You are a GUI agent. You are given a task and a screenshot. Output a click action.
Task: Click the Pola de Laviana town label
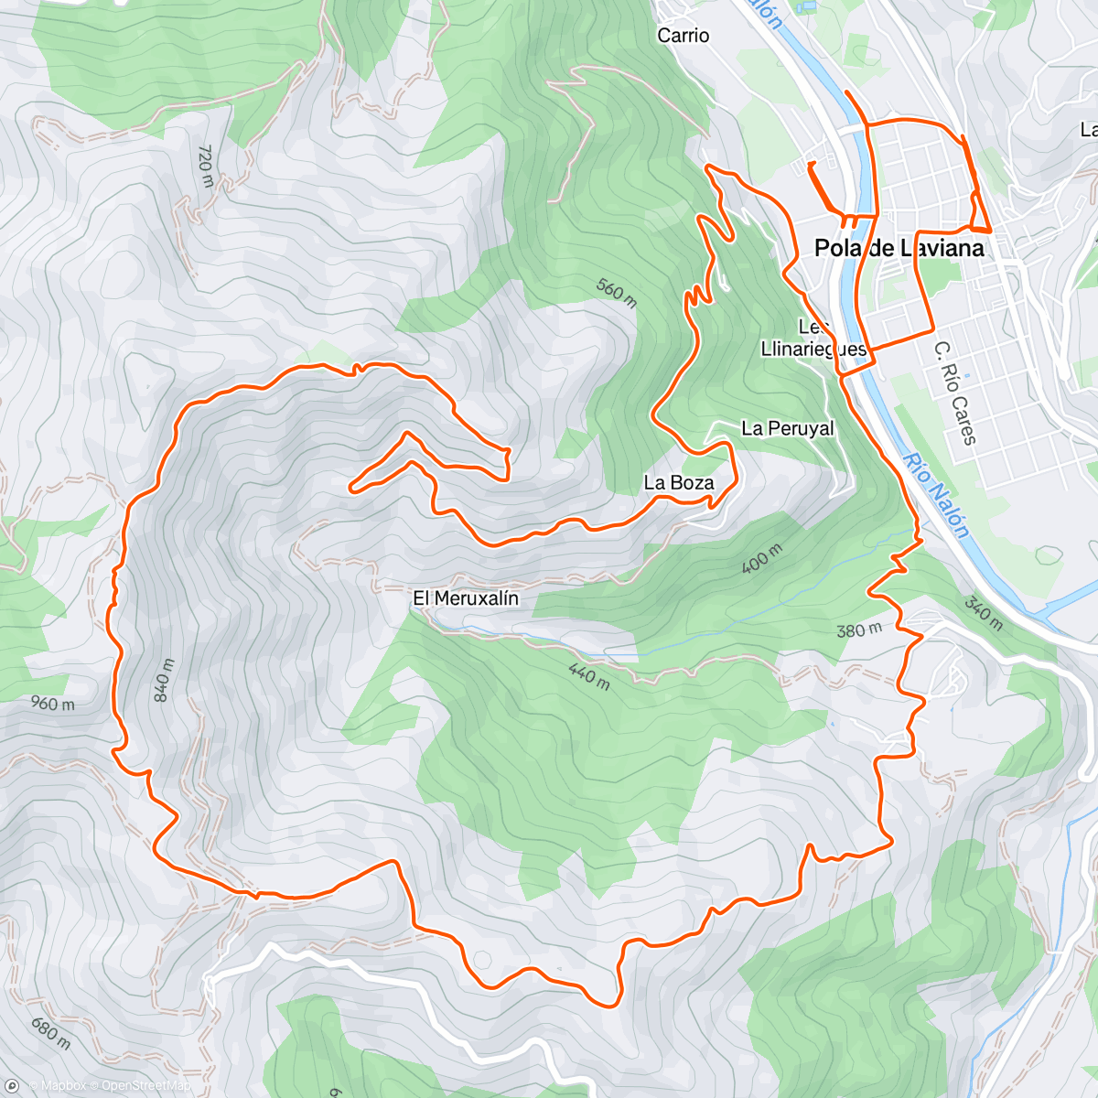[x=899, y=248]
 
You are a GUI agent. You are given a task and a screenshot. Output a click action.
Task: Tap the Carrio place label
[x=683, y=36]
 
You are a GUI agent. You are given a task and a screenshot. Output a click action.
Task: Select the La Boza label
[x=678, y=482]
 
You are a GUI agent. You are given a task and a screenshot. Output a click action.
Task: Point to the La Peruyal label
[x=787, y=428]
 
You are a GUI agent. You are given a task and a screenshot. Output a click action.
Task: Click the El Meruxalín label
[x=466, y=598]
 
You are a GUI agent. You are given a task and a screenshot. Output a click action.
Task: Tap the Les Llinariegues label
[x=813, y=339]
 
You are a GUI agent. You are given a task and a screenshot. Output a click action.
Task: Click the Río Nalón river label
[x=935, y=495]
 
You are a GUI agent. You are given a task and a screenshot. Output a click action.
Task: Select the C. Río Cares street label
[x=955, y=393]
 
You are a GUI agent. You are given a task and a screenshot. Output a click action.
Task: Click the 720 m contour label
[x=205, y=166]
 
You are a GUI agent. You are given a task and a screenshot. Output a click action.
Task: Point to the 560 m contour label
[x=617, y=292]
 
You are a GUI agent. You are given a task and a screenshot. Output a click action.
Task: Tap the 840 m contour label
[x=163, y=680]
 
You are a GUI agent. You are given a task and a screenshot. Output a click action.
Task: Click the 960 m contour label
[x=52, y=704]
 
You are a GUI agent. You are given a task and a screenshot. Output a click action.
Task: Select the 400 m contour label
[x=761, y=558]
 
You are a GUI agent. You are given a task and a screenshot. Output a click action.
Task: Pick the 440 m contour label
[x=588, y=676]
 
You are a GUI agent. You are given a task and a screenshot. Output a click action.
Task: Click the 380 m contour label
[x=858, y=630]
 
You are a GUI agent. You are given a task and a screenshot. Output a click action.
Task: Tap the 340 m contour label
[x=983, y=613]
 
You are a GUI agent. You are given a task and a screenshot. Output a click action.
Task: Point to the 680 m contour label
[x=49, y=1032]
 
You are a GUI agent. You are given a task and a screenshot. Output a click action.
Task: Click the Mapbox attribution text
[x=63, y=1086]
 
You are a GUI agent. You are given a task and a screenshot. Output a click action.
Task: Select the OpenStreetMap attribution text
[x=146, y=1086]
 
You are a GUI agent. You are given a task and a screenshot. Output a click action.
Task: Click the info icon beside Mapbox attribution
[x=13, y=1086]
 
